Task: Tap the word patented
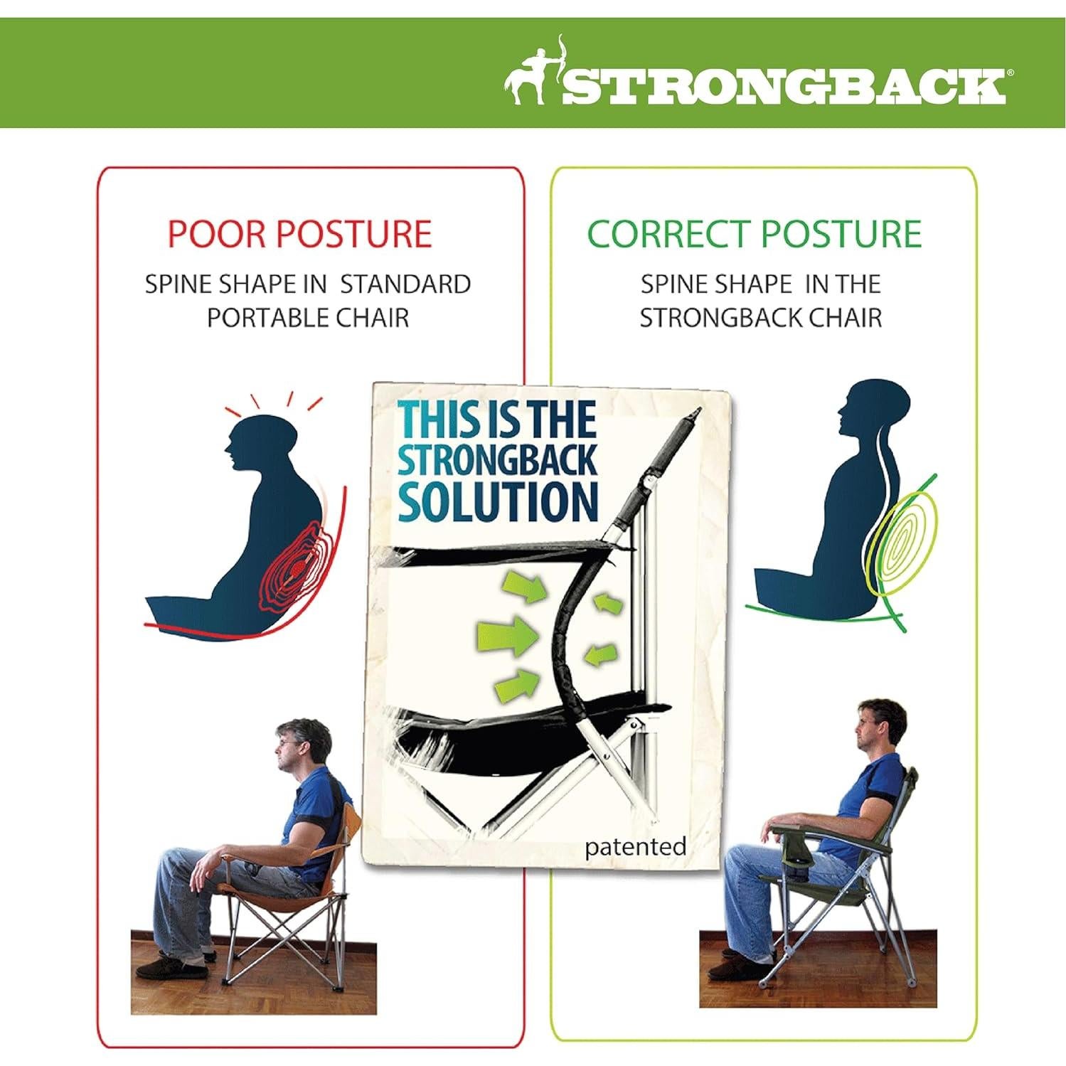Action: [635, 847]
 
